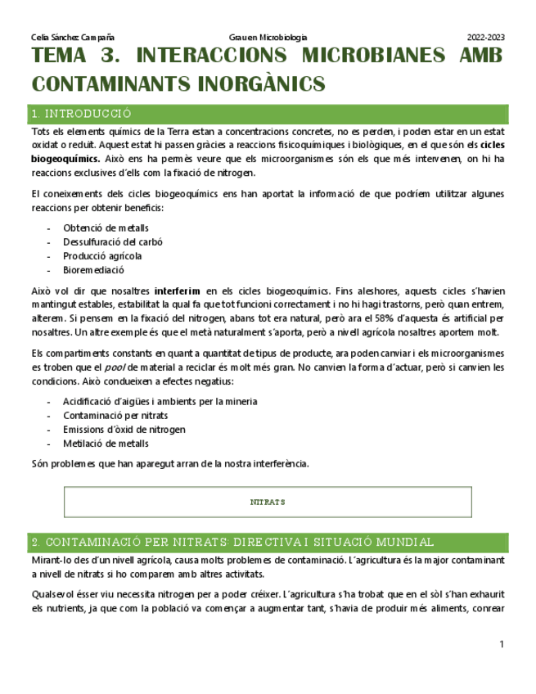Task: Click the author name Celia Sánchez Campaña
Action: tap(72, 38)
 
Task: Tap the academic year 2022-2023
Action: tap(485, 38)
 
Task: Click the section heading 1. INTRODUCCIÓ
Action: tap(80, 114)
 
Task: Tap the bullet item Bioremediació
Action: tap(93, 270)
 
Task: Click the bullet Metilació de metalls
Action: tap(106, 444)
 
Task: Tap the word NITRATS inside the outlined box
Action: tap(268, 502)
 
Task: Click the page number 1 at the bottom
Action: tap(501, 646)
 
